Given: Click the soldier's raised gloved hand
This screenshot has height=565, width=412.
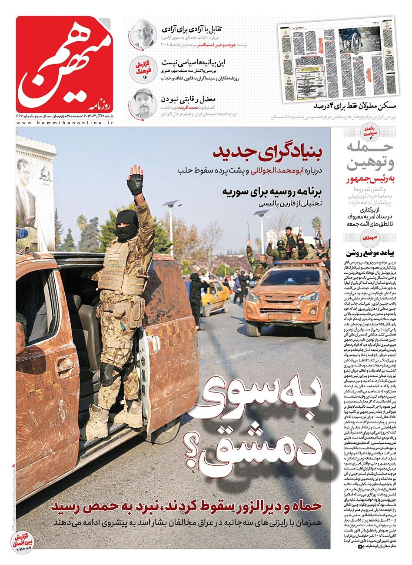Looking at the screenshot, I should pos(136,178).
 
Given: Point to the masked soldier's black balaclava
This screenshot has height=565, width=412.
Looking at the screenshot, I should pos(127,226).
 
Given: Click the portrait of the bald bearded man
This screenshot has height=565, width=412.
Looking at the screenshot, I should pos(143,33).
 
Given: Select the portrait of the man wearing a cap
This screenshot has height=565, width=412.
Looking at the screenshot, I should pos(143,102).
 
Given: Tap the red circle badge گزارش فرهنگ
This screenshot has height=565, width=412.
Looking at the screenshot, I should pos(143,68).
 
